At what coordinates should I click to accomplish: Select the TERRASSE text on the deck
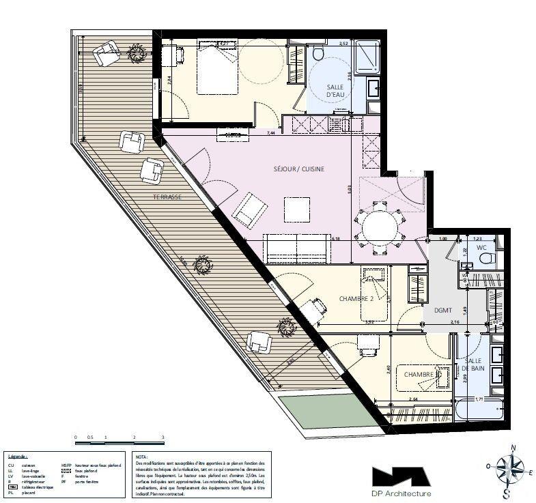point(167,197)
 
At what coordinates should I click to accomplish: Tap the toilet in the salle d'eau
point(317,55)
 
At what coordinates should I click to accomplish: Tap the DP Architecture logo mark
point(400,476)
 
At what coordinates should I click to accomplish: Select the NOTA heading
point(142,457)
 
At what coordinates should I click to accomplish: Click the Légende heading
point(18,457)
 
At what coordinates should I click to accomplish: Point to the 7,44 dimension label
point(271,133)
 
